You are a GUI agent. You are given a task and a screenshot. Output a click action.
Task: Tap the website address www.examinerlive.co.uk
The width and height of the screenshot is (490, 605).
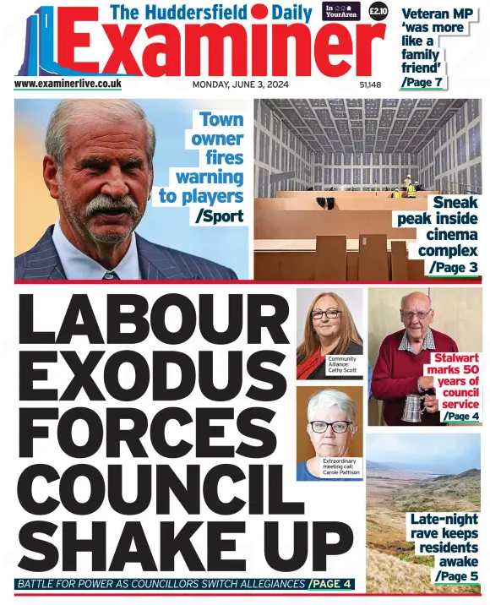68,84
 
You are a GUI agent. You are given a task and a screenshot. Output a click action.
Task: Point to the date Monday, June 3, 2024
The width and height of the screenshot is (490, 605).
240,84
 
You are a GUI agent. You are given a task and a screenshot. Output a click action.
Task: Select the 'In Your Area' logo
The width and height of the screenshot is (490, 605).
341,11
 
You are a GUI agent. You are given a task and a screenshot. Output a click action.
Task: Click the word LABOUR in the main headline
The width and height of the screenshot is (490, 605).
152,320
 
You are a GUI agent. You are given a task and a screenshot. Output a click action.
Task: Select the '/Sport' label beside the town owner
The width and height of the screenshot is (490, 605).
220,216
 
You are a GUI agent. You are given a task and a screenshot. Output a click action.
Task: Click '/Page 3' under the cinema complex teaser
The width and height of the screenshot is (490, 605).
454,267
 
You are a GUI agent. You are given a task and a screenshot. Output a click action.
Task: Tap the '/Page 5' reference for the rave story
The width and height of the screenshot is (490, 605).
456,576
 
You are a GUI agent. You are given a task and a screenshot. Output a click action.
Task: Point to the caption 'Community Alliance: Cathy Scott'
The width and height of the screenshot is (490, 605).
342,365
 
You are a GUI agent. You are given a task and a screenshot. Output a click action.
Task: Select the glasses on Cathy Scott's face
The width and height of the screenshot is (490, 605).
326,313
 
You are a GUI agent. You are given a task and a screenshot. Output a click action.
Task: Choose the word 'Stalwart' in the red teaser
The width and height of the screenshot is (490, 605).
455,358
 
